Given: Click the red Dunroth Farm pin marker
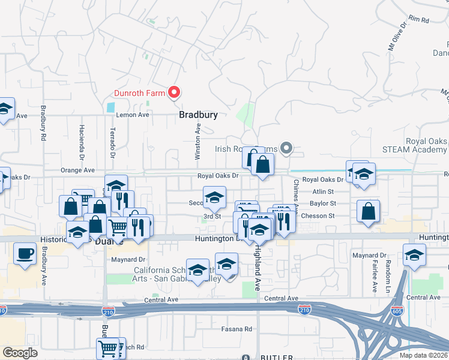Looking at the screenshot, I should tap(174, 92).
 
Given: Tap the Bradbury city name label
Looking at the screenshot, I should tap(198, 115).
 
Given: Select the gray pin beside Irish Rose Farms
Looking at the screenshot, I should tap(286, 148).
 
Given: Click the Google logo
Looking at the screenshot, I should tap(20, 353).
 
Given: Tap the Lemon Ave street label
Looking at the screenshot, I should tap(132, 115).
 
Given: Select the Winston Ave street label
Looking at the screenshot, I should tap(197, 142).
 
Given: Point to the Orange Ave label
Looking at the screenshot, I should tap(77, 170).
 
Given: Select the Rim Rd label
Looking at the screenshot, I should tap(418, 20).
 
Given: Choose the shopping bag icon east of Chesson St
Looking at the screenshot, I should tap(368, 211).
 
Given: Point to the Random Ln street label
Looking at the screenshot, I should tap(388, 272).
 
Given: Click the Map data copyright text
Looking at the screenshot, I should tap(423, 355).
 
